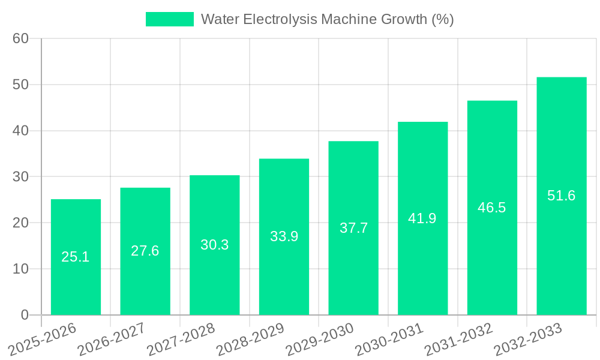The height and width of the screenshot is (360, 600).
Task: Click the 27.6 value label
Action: (x=145, y=251)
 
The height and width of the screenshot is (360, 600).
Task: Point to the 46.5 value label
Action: (x=492, y=208)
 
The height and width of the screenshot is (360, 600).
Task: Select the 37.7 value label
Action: (x=353, y=228)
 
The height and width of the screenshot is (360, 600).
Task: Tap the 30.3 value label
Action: (x=214, y=245)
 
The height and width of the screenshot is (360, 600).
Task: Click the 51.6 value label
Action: (x=562, y=196)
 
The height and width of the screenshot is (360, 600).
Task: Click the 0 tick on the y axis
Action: (x=25, y=315)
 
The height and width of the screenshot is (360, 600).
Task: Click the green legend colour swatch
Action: (x=170, y=19)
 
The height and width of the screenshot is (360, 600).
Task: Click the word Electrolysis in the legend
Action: (x=282, y=19)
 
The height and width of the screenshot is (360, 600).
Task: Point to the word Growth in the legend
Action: (x=406, y=19)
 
